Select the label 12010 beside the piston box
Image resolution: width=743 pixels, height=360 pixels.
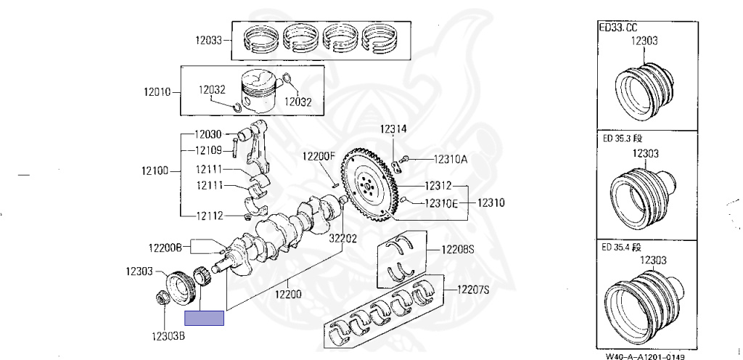tap(157, 92)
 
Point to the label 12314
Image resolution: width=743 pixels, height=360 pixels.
tap(393, 130)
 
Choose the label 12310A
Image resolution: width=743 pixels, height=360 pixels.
tap(451, 159)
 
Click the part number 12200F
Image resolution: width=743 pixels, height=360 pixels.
tap(319, 156)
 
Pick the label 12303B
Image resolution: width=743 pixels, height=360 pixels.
tap(168, 336)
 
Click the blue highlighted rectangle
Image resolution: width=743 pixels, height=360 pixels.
tap(205, 317)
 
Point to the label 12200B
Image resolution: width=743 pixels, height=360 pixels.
tap(165, 247)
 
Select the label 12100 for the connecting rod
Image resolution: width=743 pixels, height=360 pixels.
tap(156, 171)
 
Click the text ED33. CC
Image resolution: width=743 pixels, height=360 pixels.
tap(617, 28)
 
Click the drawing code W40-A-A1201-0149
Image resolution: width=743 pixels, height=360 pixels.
tap(645, 356)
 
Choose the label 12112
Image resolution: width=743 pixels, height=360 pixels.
tap(208, 216)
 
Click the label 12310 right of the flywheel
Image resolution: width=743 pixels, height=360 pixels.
tap(490, 202)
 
